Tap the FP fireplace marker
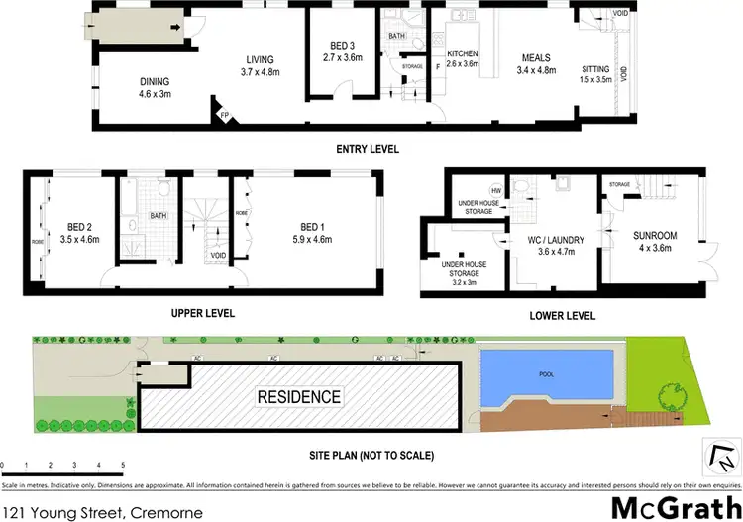coord(225,115)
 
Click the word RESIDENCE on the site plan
coord(299,398)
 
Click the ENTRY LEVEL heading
coord(368,149)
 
